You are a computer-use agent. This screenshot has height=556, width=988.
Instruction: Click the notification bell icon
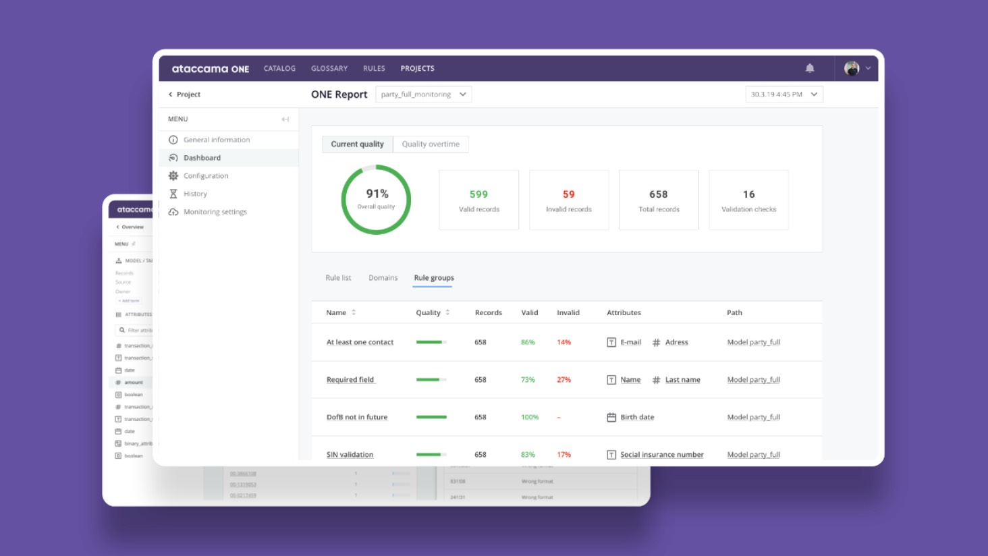pos(810,68)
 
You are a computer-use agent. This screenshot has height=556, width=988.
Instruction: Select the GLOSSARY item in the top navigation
pos(329,68)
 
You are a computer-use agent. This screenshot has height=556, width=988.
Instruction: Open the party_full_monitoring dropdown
pos(423,94)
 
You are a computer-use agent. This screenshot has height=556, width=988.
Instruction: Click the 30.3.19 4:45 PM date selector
pos(784,94)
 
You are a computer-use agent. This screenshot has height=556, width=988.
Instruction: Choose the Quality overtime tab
pos(431,144)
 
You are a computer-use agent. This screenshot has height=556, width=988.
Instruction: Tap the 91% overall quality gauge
pos(377,200)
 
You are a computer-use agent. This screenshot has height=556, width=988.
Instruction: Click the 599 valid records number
pos(478,194)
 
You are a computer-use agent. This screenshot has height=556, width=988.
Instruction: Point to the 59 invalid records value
pos(569,194)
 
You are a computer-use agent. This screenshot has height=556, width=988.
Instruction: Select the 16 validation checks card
pos(748,200)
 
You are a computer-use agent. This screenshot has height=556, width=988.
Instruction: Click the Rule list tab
pos(338,278)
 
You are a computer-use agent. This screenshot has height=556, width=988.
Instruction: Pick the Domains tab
pos(383,278)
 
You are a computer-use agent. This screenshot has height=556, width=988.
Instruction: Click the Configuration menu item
pos(206,176)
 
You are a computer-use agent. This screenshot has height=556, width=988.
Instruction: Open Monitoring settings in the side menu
pos(215,212)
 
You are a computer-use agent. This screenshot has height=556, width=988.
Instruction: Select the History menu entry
pos(195,194)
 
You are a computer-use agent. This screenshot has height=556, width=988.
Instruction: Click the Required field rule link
pos(350,380)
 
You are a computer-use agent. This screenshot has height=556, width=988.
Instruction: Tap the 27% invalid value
pos(564,380)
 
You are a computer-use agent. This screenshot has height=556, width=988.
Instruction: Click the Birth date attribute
pos(637,417)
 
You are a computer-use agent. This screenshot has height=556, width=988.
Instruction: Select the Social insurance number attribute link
pos(661,455)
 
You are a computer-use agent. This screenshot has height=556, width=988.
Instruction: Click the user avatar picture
pos(852,68)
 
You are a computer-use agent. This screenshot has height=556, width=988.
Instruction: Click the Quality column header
pos(429,313)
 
